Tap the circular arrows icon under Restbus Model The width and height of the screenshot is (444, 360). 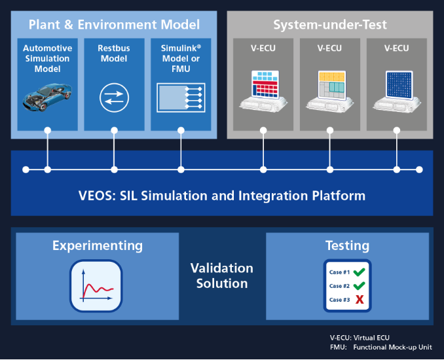click(114, 98)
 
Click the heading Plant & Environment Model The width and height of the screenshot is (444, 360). click(114, 25)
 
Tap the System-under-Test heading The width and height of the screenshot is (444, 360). click(330, 25)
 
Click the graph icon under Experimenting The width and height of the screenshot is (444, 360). click(96, 286)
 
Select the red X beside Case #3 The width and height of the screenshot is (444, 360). click(360, 300)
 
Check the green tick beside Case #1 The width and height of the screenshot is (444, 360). click(359, 272)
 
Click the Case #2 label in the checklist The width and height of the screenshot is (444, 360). click(339, 286)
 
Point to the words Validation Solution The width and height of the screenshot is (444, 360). click(222, 276)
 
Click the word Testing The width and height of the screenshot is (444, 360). click(347, 246)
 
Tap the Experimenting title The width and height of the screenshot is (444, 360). click(97, 246)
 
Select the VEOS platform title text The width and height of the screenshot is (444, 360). click(222, 195)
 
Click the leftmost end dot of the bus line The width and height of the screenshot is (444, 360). click(26, 170)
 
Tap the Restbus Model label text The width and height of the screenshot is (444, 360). click(114, 52)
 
